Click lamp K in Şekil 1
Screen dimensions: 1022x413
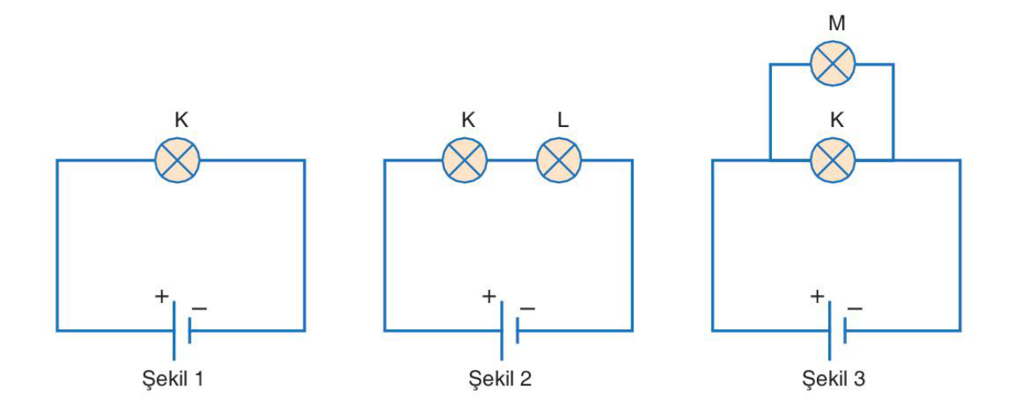pos(177,160)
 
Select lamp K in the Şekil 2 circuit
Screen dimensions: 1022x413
pos(464,160)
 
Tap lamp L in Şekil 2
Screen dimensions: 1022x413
pos(559,160)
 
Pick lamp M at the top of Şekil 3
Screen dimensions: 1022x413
pos(832,64)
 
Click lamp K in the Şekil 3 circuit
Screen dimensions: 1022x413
pos(832,160)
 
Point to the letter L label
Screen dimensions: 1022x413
pos(563,120)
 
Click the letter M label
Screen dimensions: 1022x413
pos(837,24)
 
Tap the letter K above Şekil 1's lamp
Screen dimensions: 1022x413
pos(181,120)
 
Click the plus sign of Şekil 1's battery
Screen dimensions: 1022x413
pos(161,297)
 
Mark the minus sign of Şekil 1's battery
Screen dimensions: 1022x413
pos(200,309)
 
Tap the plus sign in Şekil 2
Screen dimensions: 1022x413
pos(489,297)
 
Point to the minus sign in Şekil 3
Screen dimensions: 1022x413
pos(855,309)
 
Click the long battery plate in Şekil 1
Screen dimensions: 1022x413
pos(173,331)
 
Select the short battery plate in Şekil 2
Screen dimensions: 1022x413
pos(517,331)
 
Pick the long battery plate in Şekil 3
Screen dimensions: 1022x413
pos(830,331)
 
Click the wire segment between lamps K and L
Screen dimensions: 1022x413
pos(512,160)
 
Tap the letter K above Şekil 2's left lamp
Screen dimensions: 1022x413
pos(468,120)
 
